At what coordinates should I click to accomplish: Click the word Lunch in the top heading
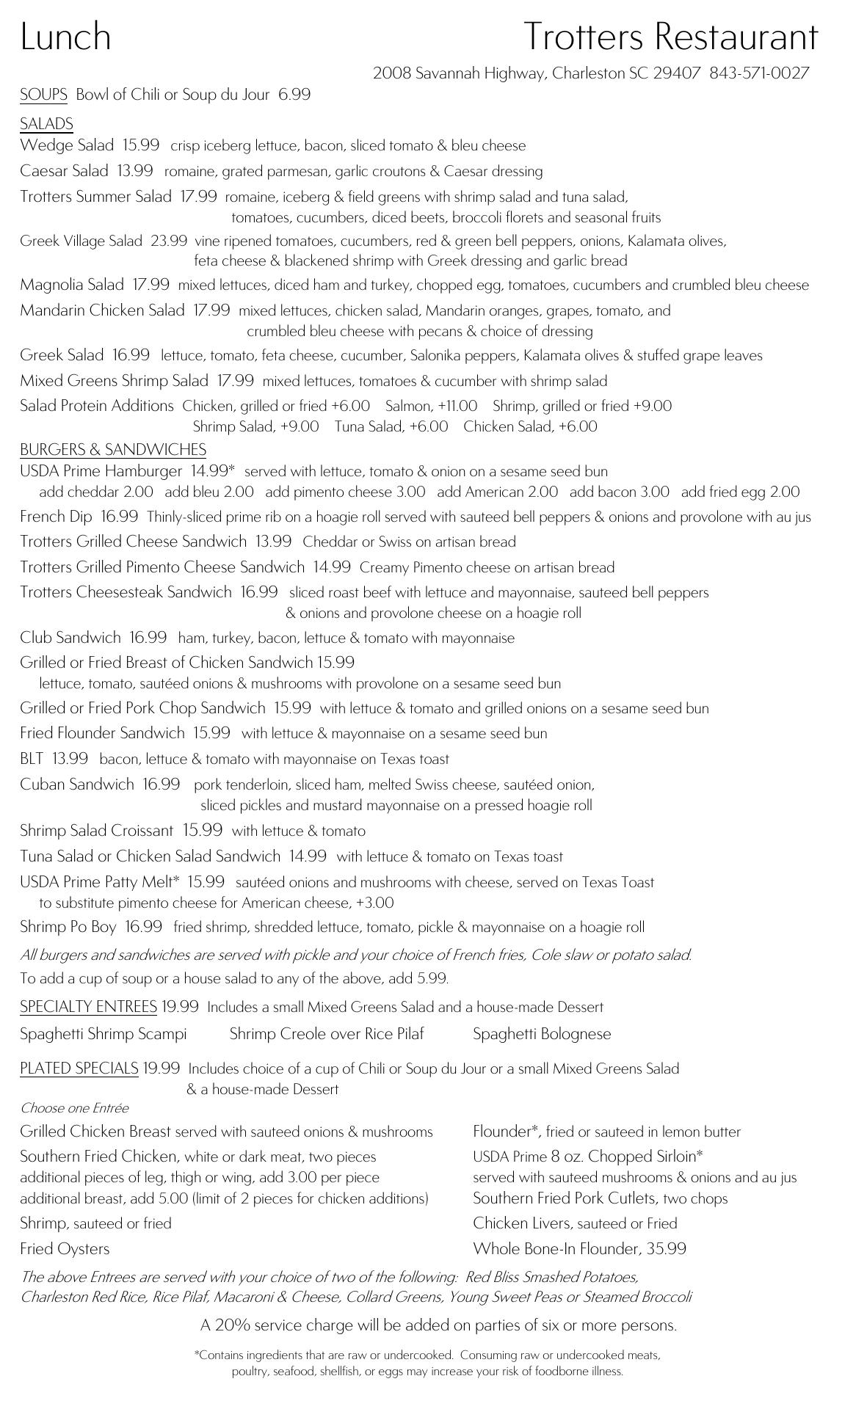(x=65, y=37)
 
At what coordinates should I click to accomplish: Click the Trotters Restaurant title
(x=671, y=37)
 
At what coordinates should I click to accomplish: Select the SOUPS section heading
(x=43, y=95)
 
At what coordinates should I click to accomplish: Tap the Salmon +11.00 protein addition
(x=431, y=406)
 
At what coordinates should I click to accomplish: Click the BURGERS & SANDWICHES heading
(x=113, y=449)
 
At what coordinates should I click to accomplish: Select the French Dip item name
(x=56, y=517)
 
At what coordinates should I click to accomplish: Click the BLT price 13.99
(x=70, y=759)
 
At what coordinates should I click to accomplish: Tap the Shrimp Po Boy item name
(x=68, y=927)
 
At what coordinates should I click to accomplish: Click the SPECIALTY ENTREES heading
(x=88, y=1006)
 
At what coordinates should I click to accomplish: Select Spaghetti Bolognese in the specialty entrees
(x=542, y=1034)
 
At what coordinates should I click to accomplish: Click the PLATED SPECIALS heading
(x=79, y=1068)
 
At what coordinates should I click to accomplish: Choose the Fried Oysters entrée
(x=65, y=1248)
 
